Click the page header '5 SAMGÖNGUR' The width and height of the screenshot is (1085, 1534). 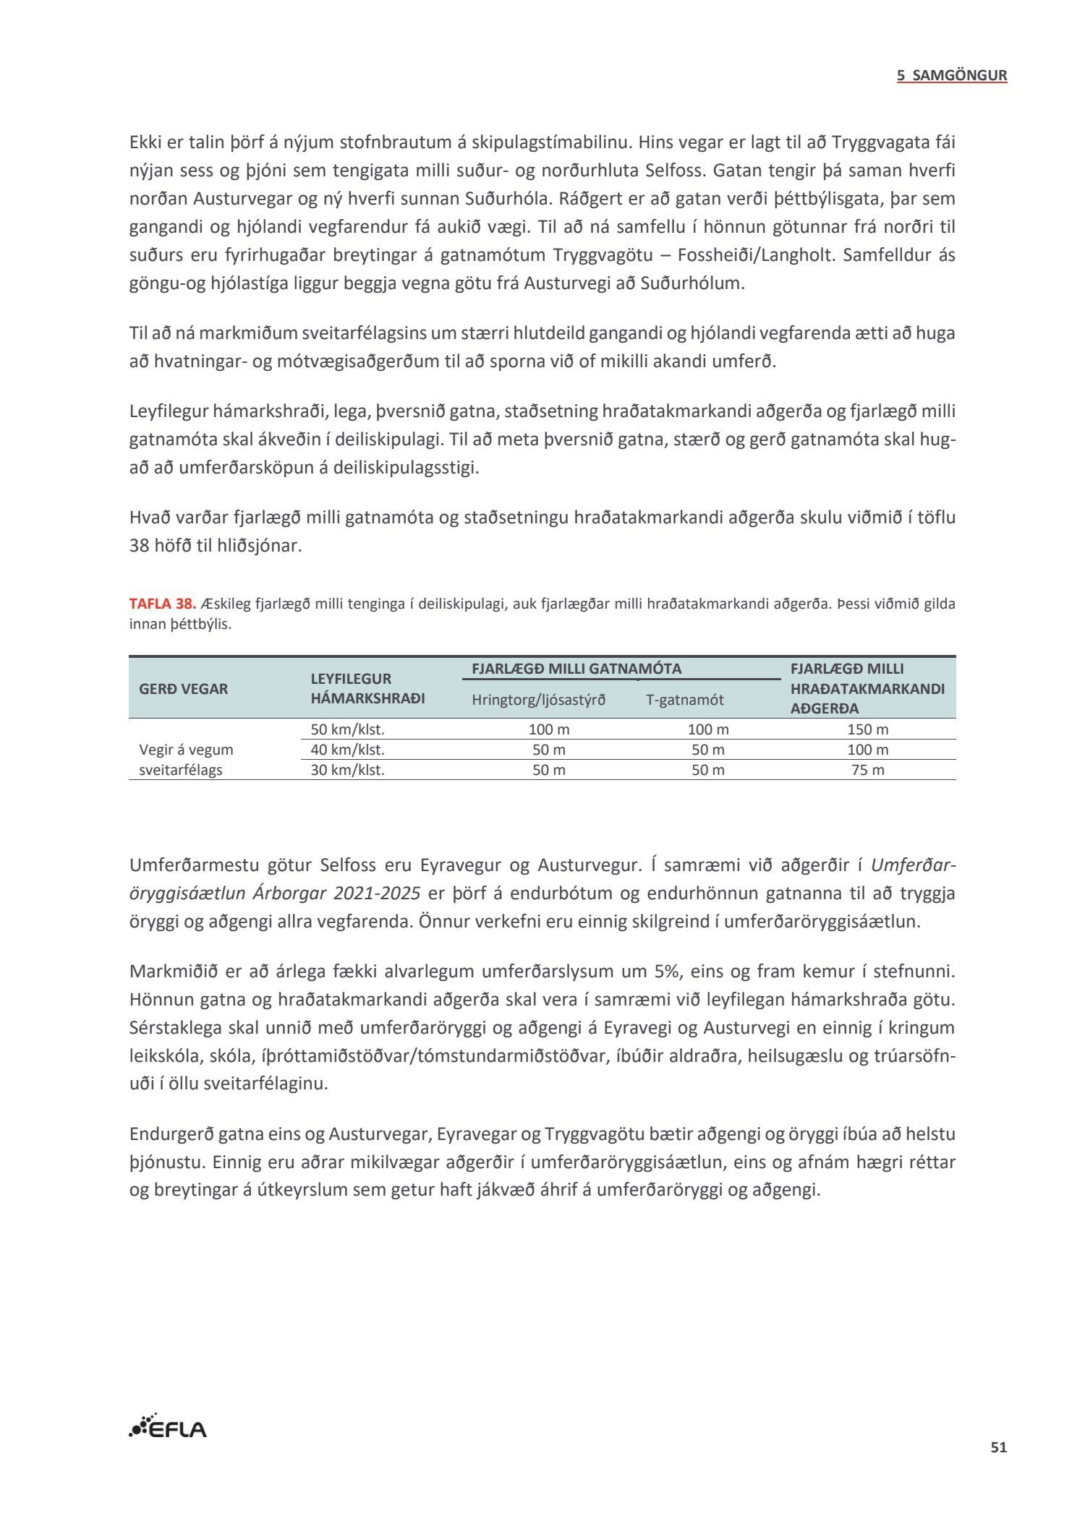[952, 75]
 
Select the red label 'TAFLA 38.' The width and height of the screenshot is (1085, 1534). [162, 604]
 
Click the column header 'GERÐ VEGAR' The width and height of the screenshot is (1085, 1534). [183, 689]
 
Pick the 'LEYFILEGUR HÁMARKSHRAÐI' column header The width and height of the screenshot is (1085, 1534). [367, 688]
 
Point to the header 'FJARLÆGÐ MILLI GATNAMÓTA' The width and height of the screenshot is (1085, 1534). [576, 669]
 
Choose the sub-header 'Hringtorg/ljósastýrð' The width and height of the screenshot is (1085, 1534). [539, 700]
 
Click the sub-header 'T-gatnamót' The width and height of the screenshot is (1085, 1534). [684, 700]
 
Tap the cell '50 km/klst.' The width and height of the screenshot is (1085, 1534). [347, 729]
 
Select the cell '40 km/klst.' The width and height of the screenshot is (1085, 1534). [347, 750]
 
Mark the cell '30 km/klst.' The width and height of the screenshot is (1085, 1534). [347, 770]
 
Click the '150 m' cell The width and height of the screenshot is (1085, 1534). [867, 729]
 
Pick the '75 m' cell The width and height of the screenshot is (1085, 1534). [867, 770]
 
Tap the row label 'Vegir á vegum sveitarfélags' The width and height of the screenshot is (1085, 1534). [186, 760]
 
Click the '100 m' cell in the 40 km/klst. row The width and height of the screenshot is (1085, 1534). [867, 750]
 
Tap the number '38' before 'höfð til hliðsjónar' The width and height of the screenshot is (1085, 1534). [139, 546]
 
